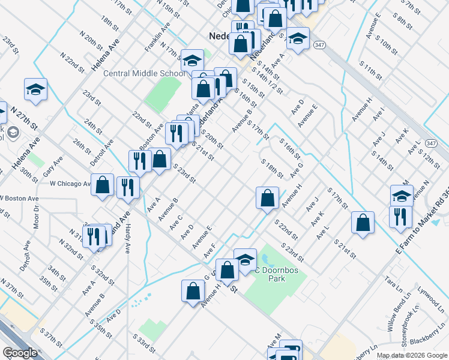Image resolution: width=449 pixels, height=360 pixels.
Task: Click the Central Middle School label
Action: click(x=144, y=74)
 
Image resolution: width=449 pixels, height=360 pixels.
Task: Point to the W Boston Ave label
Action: click(x=19, y=198)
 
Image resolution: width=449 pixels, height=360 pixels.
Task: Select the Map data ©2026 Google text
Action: click(x=411, y=355)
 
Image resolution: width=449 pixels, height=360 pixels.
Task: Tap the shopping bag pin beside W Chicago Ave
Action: click(x=103, y=185)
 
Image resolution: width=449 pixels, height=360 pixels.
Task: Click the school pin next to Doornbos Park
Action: click(x=245, y=260)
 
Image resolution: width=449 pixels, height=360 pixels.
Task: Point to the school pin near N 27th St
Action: click(x=36, y=90)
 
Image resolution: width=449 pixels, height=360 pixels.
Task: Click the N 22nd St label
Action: click(x=71, y=61)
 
